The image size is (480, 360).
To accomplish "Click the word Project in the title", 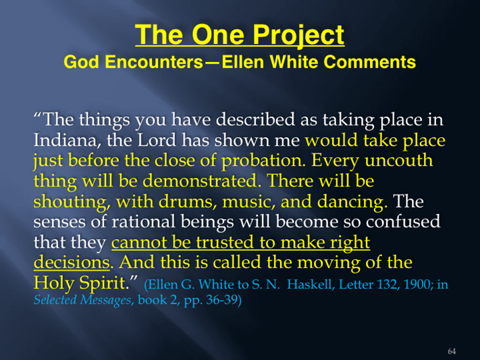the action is point(298,36).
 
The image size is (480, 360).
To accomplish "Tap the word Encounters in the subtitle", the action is point(155,62).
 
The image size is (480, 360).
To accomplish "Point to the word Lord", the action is point(157,140).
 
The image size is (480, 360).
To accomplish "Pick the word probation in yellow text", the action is point(263,161).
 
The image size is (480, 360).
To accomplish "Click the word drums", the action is point(186,201).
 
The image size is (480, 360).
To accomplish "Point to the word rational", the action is point(143,222).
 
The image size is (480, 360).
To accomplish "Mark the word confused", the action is point(403,222).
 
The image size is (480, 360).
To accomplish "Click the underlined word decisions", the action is point(72,263).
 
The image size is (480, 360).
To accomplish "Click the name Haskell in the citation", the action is point(309,284).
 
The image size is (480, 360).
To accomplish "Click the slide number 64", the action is point(452,351).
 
